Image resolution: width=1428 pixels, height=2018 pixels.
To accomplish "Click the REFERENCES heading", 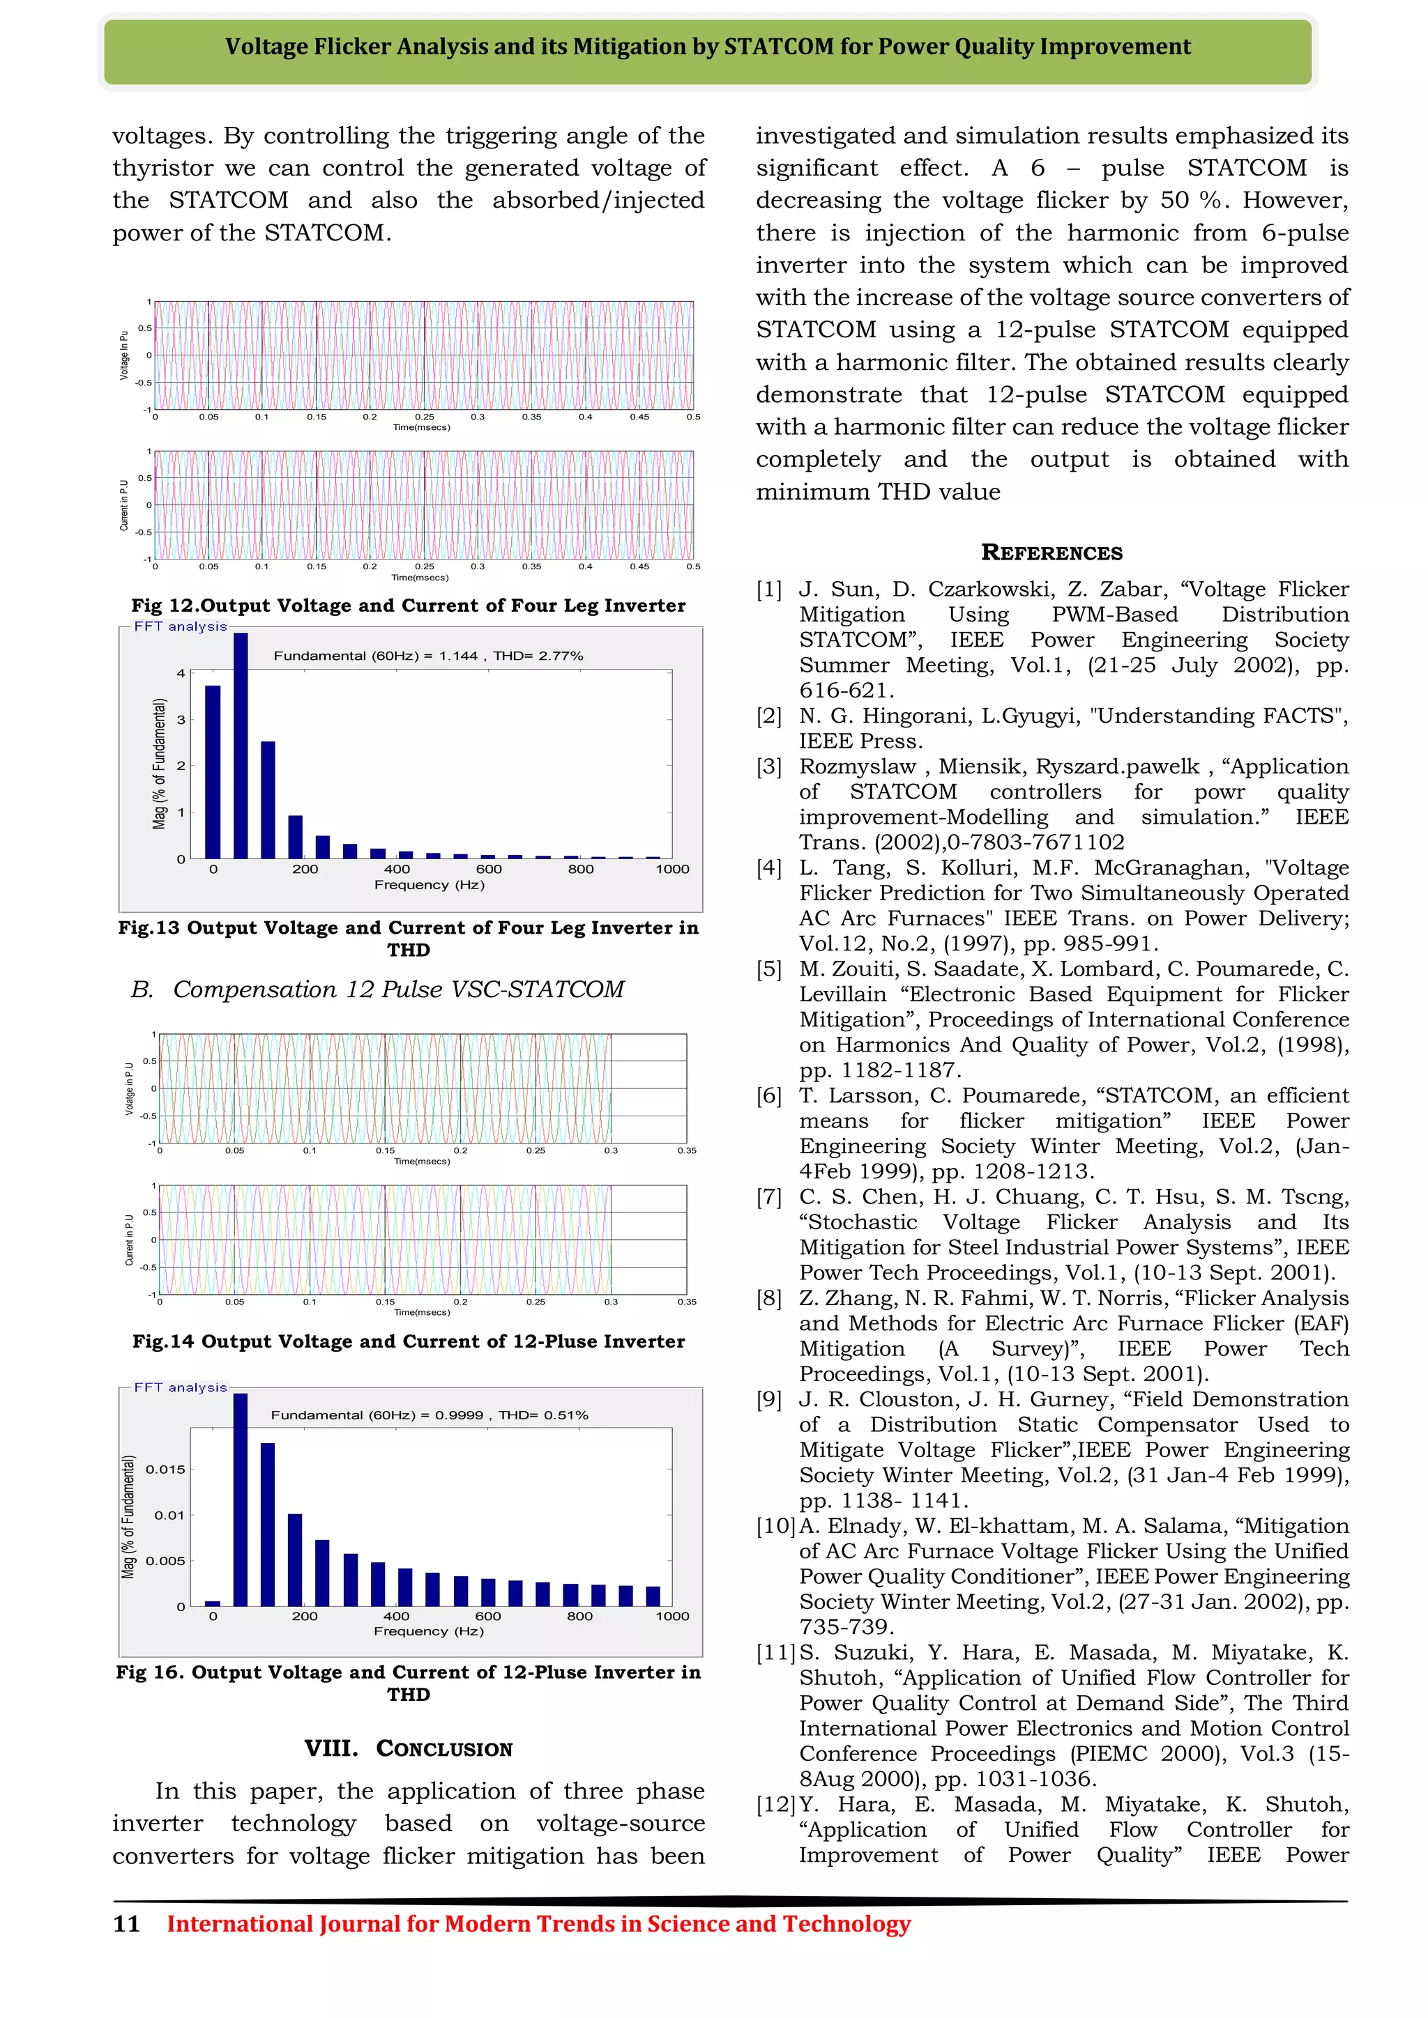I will [x=1051, y=553].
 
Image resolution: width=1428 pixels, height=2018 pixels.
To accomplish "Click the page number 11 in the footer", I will [x=127, y=1924].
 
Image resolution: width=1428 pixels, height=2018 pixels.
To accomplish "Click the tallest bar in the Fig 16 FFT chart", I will [x=240, y=1500].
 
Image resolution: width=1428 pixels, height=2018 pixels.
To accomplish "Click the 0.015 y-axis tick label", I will [x=165, y=1470].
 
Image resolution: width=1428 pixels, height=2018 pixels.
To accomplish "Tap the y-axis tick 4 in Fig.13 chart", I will [x=181, y=673].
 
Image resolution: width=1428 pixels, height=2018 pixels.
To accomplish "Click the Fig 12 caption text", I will [x=408, y=606].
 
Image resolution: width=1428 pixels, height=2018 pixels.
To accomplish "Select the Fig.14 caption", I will [x=408, y=1341].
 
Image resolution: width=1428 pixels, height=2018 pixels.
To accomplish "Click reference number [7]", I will [x=769, y=1197].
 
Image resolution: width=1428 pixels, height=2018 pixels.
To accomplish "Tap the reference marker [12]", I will [x=775, y=1804].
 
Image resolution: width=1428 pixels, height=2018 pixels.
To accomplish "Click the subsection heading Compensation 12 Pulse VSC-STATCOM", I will [x=397, y=989].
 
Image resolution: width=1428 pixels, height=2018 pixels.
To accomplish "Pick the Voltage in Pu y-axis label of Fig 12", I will [x=124, y=356].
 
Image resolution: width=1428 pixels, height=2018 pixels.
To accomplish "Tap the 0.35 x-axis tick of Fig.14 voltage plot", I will [x=687, y=1150].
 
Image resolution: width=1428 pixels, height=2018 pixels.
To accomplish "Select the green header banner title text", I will [x=708, y=47].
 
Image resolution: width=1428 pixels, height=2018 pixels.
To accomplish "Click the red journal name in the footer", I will [x=538, y=1924].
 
